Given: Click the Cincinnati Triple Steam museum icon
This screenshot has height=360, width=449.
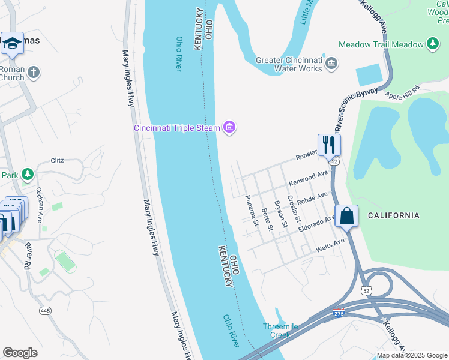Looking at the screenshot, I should coord(229,127).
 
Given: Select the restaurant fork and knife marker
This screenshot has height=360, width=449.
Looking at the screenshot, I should coord(329,144).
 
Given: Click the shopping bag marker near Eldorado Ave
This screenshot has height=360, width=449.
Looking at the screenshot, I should coord(347,215).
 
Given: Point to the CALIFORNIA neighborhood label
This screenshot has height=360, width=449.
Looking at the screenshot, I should coord(393,215).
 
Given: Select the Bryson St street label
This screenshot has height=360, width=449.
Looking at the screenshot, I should coord(281,214).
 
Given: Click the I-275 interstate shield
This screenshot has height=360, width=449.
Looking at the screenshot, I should coord(339,314).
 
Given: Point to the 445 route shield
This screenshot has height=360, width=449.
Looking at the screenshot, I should coord(45,310).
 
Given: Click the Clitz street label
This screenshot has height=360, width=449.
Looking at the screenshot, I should coord(57,160).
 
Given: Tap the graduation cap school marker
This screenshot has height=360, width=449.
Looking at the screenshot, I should coord(11,44).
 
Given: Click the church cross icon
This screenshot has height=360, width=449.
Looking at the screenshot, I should coord(34,73).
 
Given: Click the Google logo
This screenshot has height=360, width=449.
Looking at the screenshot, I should coord(20,353).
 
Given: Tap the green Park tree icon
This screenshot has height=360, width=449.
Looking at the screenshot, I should coord(27,175).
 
